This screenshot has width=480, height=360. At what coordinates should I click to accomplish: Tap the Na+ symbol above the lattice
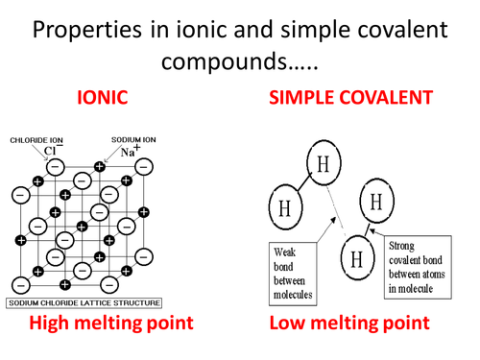[x=129, y=151]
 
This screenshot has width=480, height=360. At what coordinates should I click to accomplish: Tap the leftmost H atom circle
[x=282, y=207]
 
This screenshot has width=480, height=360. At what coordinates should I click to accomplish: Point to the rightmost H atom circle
[x=375, y=203]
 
